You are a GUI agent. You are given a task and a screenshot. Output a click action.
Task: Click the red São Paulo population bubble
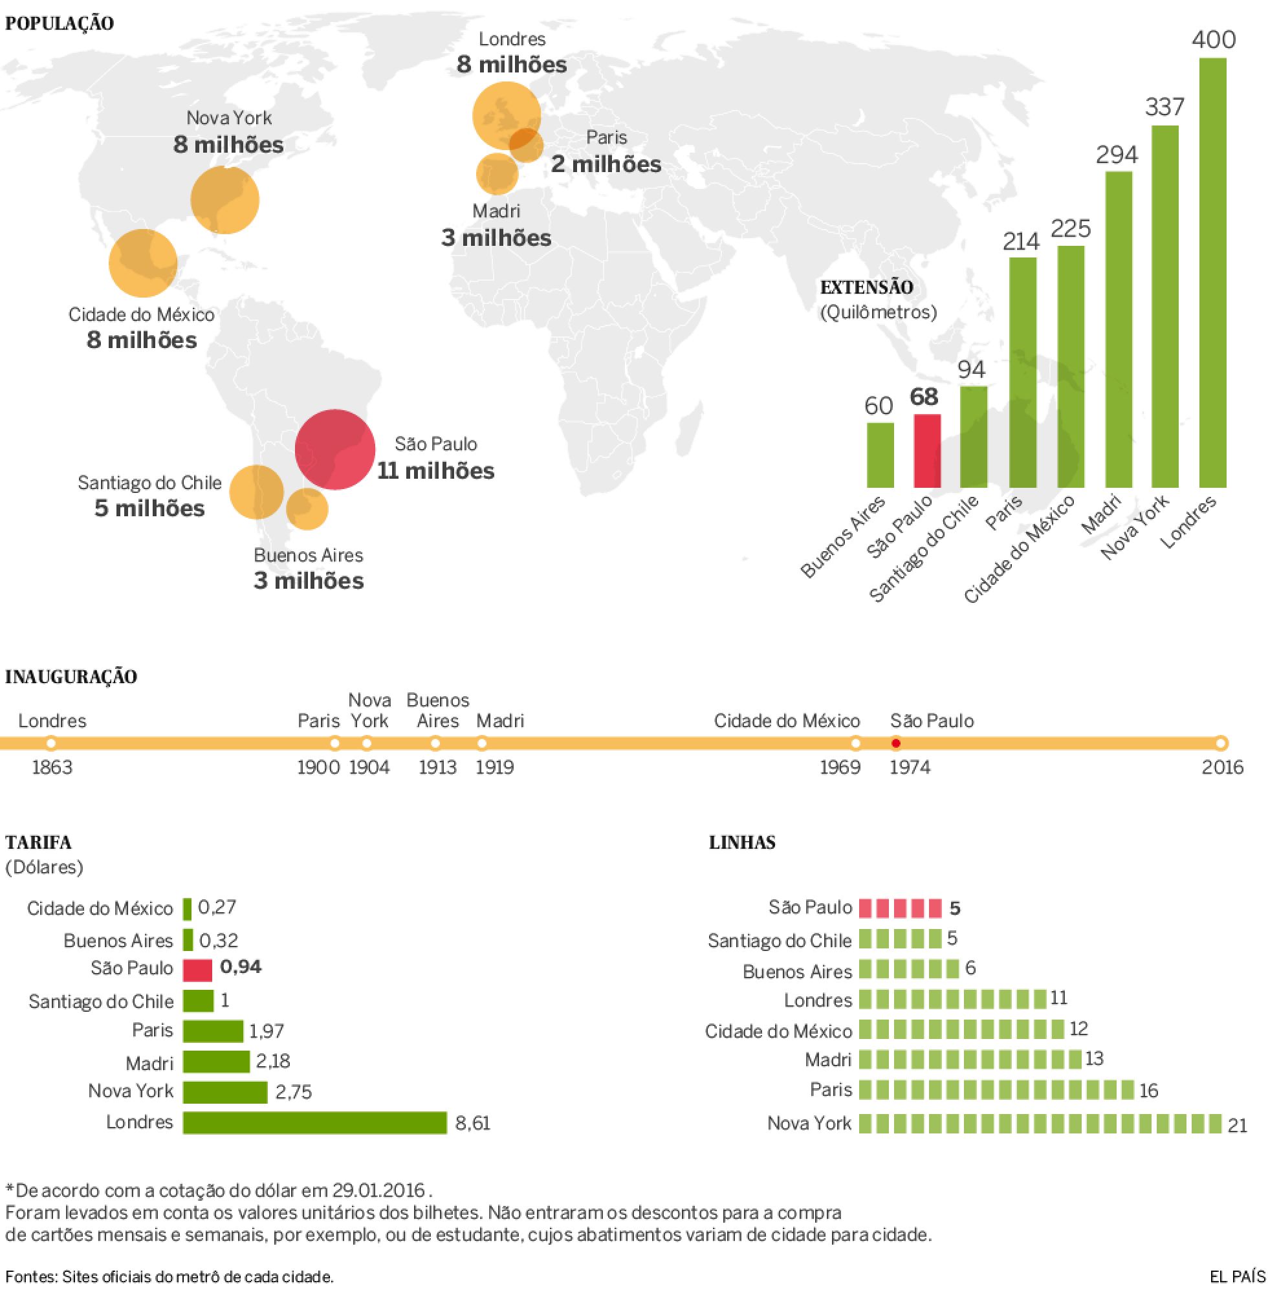coord(335,450)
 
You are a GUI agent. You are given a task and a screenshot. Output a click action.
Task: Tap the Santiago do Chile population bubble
coord(256,492)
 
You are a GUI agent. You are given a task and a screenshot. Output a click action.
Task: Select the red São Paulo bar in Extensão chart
coord(927,451)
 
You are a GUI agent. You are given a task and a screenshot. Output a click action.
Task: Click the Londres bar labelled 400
coord(1212,272)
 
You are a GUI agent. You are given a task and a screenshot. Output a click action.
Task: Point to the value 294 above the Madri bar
coord(1117,155)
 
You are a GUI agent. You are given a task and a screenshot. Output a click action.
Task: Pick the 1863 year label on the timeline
coord(52,767)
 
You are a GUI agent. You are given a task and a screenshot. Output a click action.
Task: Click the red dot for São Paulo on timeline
coord(896,743)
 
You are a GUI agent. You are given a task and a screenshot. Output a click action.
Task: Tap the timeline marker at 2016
coord(1221,743)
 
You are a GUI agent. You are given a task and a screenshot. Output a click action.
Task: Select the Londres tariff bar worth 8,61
coord(314,1123)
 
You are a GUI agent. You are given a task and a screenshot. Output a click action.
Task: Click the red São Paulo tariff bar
coord(198,970)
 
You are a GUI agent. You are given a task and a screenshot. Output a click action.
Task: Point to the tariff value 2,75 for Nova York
coord(293,1092)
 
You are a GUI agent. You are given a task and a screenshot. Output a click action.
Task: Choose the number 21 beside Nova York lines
coord(1237,1126)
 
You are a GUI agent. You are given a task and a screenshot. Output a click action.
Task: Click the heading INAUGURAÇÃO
coord(71,677)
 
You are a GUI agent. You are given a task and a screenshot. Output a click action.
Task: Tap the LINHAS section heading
coord(742,842)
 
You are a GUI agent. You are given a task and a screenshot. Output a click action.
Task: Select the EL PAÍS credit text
coord(1238,1276)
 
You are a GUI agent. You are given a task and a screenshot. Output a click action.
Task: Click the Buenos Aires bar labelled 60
coord(880,455)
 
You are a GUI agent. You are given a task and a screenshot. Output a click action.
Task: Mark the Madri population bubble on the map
coord(497,174)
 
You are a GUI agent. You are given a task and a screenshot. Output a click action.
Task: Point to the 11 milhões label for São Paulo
coord(435,471)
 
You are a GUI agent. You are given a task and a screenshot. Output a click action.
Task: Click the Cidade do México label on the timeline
coord(787,721)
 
